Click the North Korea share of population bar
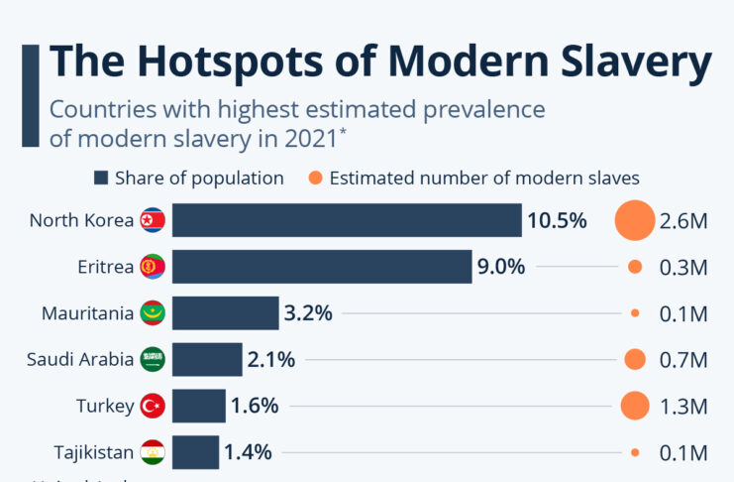(x=347, y=220)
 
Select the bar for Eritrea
(x=322, y=267)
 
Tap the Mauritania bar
(x=225, y=313)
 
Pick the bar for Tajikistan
(x=195, y=452)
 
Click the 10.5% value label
(x=557, y=220)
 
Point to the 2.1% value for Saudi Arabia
(x=271, y=360)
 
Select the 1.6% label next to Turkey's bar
(x=255, y=406)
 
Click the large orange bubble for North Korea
(x=634, y=220)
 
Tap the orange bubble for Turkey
(x=634, y=406)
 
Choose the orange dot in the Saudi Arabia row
(x=635, y=360)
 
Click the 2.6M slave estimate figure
(x=683, y=220)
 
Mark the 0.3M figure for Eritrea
(x=683, y=267)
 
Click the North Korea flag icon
(x=153, y=220)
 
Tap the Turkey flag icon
(x=153, y=406)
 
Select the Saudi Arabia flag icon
(x=153, y=360)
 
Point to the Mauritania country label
(x=87, y=313)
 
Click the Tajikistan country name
(x=93, y=453)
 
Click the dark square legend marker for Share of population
(x=100, y=179)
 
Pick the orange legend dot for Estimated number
(x=314, y=179)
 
